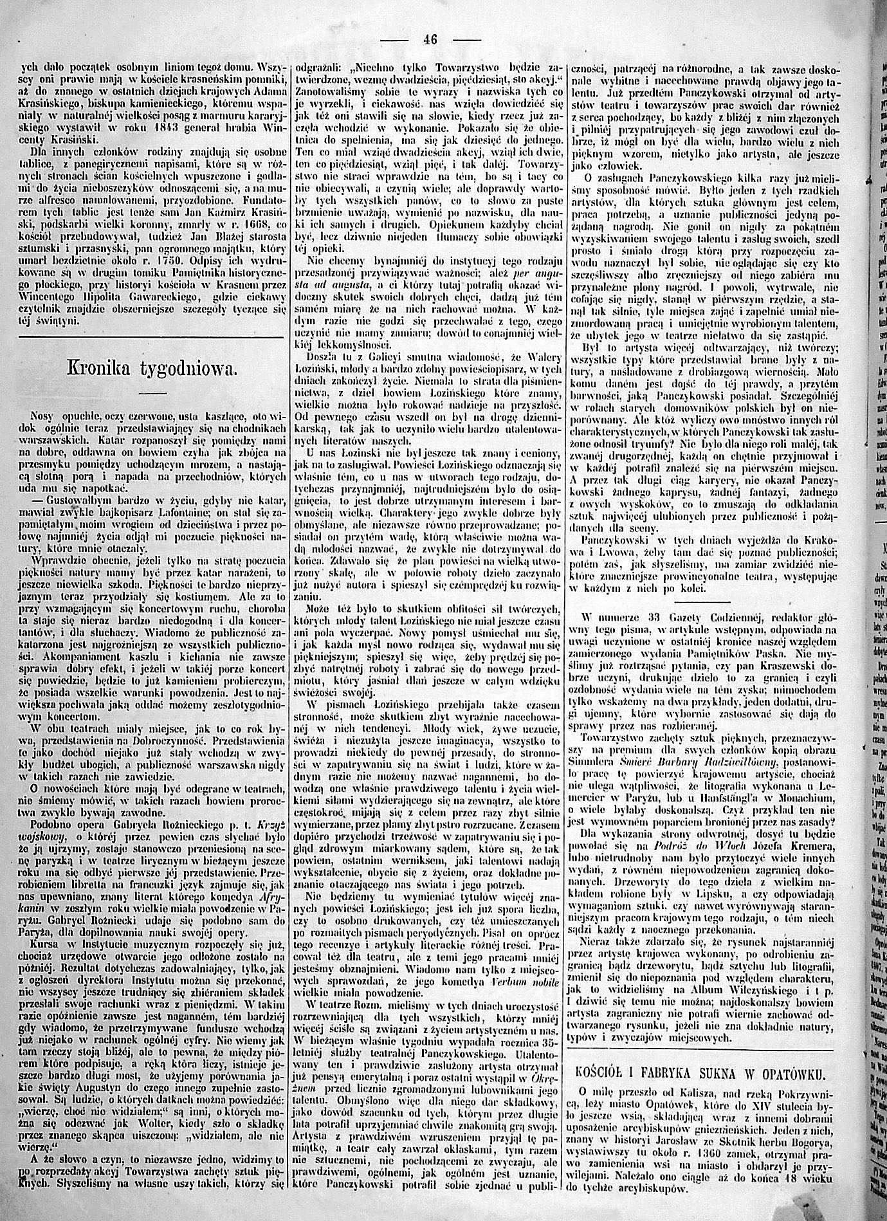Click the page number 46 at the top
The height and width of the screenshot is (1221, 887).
click(x=430, y=39)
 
